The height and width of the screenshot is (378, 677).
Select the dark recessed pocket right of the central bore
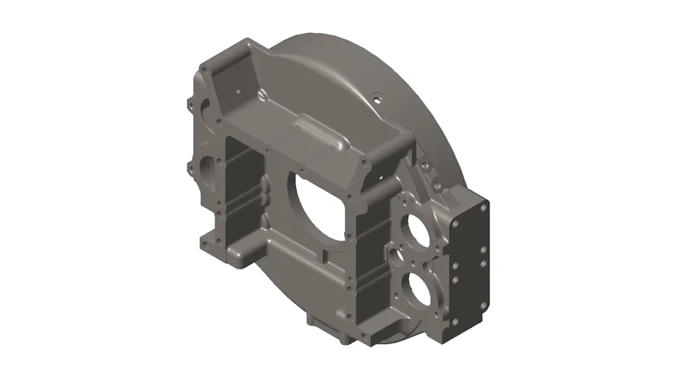click(x=367, y=261)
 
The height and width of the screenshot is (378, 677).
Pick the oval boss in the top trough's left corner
click(x=262, y=94)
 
